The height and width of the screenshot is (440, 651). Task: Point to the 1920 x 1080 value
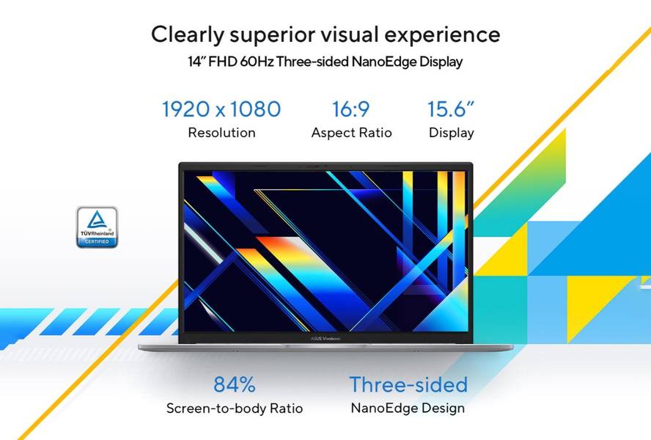221,109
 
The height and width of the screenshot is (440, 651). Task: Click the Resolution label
221,133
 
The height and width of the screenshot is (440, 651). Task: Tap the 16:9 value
351,109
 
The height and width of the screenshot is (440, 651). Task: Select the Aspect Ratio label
352,133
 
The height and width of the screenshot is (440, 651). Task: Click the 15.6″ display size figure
451,109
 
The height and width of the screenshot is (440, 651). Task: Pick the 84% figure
235,384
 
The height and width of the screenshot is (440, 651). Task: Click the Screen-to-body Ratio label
235,408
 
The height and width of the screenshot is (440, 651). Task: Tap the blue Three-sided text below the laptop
408,384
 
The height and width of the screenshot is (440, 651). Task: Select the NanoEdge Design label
408,408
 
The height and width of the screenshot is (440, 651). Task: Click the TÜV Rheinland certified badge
98,227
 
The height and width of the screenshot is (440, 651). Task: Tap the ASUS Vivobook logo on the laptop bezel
325,339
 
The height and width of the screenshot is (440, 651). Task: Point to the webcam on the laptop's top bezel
325,166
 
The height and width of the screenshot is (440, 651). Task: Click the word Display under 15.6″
452,133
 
